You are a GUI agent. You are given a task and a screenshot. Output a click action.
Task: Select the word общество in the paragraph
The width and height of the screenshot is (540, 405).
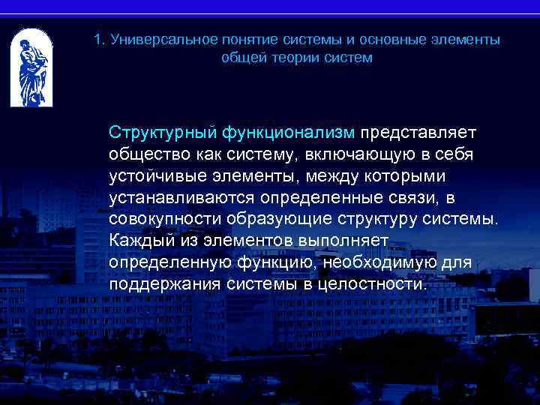tap(142, 154)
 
